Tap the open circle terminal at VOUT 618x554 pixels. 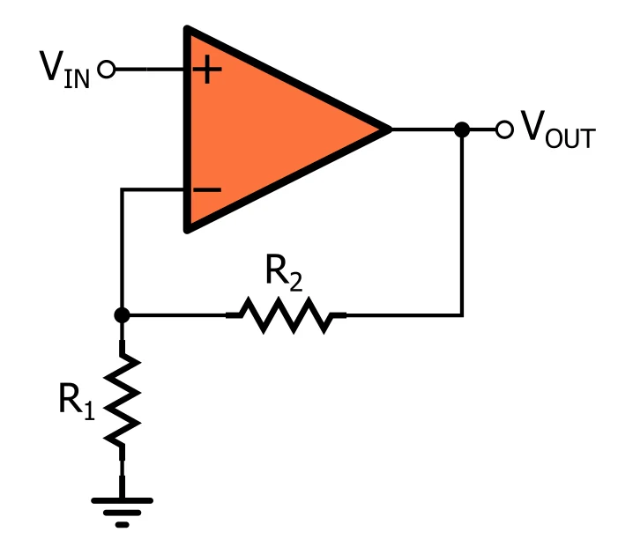(503, 129)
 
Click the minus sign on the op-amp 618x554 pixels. (206, 189)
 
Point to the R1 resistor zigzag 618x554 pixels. (123, 401)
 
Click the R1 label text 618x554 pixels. (77, 400)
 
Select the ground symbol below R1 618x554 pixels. (123, 509)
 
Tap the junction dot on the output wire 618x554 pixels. (460, 129)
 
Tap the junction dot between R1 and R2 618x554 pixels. (123, 314)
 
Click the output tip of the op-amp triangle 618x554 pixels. (388, 129)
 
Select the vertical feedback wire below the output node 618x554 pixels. (461, 220)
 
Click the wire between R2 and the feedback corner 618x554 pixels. (401, 314)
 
